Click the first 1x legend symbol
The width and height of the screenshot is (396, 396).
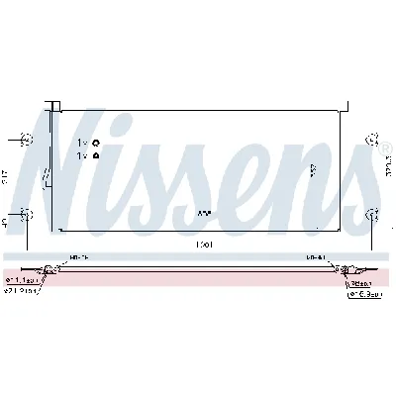[96, 143]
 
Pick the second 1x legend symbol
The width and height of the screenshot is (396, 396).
[96, 155]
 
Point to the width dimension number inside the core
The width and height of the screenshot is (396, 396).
[204, 213]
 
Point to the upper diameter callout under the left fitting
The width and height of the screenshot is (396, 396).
[26, 281]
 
